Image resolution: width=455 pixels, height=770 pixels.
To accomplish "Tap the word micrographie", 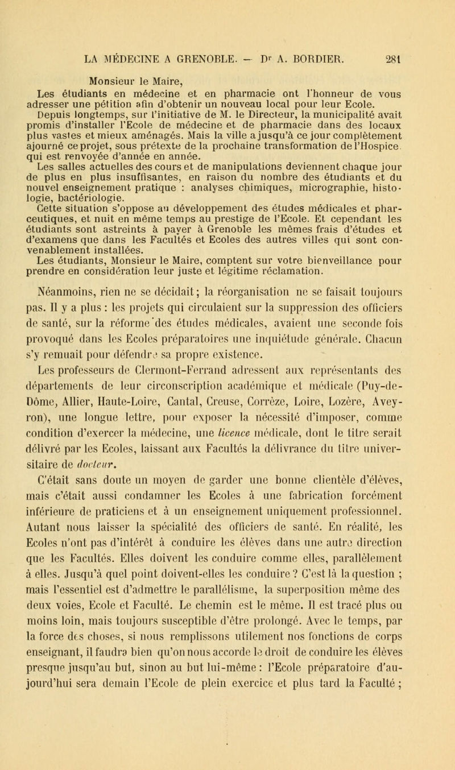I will (x=318, y=169).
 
